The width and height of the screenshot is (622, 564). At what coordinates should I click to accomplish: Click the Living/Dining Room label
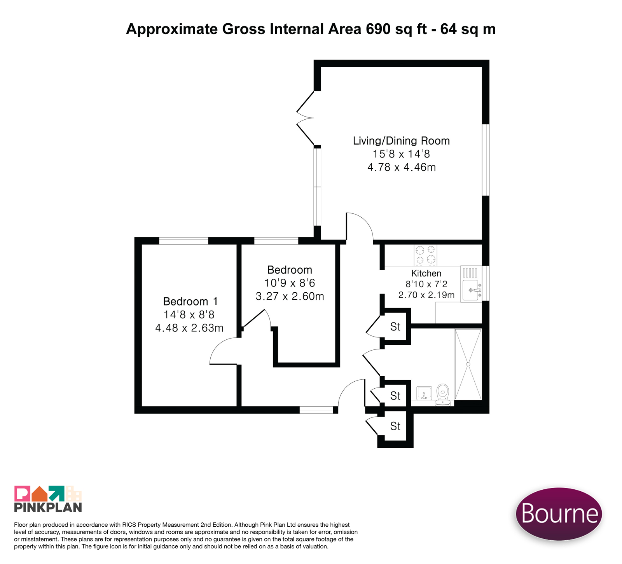pyautogui.click(x=401, y=141)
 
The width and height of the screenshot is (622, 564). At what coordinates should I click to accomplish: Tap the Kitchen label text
pyautogui.click(x=426, y=273)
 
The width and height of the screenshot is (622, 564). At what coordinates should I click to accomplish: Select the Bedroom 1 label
pyautogui.click(x=190, y=301)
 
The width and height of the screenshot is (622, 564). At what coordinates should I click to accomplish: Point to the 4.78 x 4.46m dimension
pyautogui.click(x=402, y=167)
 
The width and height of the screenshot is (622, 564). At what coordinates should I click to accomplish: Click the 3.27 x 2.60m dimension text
pyautogui.click(x=290, y=296)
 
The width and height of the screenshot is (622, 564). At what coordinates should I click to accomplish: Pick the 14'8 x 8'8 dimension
pyautogui.click(x=189, y=314)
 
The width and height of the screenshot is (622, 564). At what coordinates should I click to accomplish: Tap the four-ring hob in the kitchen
pyautogui.click(x=425, y=255)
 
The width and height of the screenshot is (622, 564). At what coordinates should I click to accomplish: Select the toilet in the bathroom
pyautogui.click(x=442, y=395)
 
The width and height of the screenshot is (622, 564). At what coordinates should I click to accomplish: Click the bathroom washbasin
pyautogui.click(x=424, y=393)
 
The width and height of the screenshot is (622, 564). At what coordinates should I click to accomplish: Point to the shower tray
pyautogui.click(x=468, y=364)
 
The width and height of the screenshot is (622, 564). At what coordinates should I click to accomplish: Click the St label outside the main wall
pyautogui.click(x=395, y=426)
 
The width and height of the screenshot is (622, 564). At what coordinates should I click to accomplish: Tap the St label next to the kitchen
pyautogui.click(x=395, y=327)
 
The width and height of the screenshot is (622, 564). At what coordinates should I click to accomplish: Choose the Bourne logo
pyautogui.click(x=559, y=513)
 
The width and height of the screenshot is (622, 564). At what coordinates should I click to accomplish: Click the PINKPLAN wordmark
pyautogui.click(x=48, y=507)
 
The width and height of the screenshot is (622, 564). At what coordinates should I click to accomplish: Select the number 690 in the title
pyautogui.click(x=378, y=29)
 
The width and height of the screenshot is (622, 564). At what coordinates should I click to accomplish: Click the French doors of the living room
pyautogui.click(x=306, y=118)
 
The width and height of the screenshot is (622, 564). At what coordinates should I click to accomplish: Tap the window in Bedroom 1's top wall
pyautogui.click(x=183, y=241)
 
